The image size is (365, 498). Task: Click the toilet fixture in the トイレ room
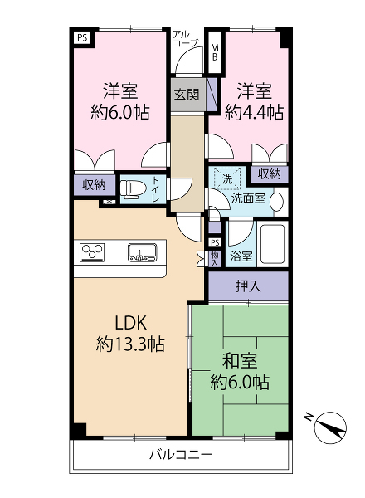133,188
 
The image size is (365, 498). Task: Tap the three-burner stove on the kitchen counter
92,251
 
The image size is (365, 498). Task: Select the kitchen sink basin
143,252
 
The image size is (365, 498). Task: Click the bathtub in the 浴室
272,244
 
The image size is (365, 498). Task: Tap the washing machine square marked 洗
227,179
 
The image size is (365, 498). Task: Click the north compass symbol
329,427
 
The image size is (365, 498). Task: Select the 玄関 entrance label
187,95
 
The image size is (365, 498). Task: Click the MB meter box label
215,52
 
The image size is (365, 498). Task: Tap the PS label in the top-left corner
82,38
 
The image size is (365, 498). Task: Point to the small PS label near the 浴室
215,243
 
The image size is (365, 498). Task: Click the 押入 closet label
248,286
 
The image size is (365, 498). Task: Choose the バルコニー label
181,455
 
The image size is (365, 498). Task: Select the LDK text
130,324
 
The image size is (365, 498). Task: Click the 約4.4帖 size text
254,112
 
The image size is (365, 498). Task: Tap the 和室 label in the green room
240,361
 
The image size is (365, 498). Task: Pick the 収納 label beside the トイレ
94,184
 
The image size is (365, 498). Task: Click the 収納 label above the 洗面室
269,173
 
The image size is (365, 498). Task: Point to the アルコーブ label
185,38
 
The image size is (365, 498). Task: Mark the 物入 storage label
215,259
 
